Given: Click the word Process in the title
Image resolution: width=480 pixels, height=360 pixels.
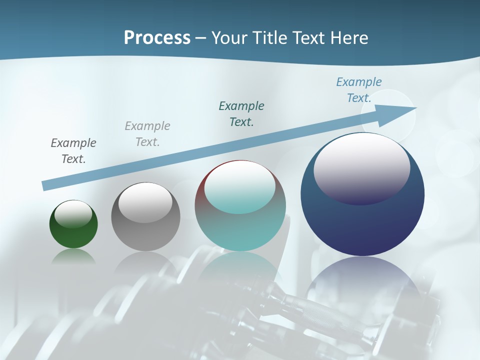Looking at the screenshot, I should pos(157,38).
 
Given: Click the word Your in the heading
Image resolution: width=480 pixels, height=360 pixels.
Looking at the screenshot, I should pos(229,38).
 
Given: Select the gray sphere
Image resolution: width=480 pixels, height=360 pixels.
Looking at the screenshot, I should pos(145,235).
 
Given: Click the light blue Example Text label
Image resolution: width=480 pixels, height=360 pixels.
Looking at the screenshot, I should pos(359,90).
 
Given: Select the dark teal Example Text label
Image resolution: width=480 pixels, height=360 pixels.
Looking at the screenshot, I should pos(241,114).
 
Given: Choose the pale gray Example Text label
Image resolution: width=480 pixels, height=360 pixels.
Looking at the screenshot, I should pos(147,134).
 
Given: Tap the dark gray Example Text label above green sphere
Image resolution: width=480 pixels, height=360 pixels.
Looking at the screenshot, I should pos(73,151).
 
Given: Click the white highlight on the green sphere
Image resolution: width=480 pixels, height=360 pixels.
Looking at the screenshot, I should pos(73,213).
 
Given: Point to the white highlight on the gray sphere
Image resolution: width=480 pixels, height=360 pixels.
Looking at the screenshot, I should pos(145,202).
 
